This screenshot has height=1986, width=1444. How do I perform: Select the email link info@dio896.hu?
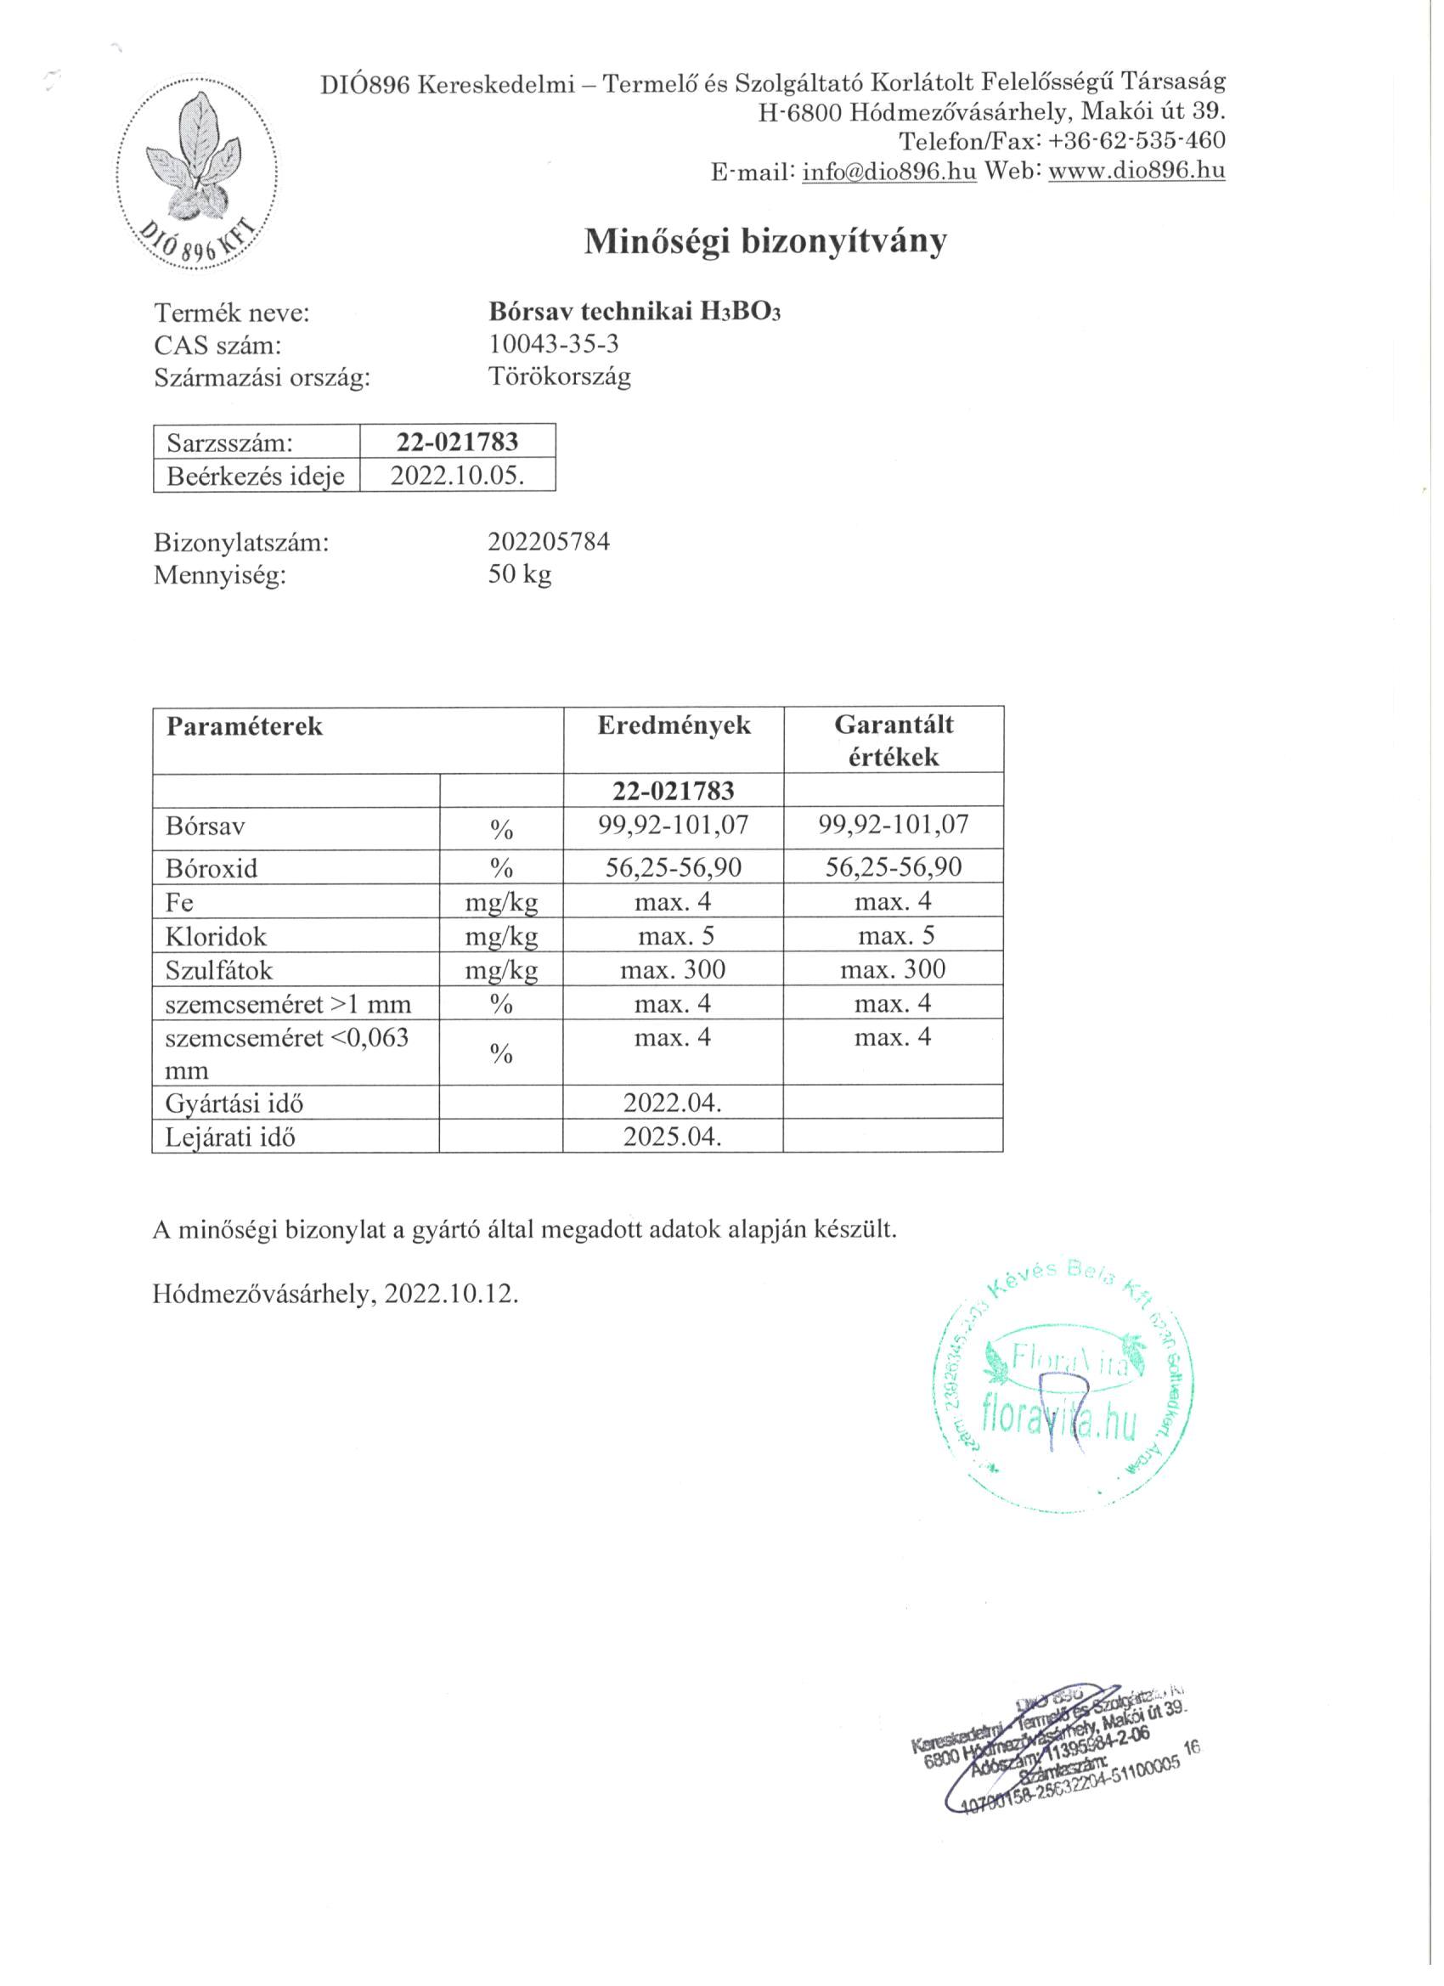(888, 171)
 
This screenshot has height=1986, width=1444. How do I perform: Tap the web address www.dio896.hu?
(1136, 171)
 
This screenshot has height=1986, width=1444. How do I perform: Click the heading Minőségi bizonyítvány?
(765, 240)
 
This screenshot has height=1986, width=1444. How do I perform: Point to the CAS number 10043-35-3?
(554, 344)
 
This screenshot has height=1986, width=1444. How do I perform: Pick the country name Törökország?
(560, 377)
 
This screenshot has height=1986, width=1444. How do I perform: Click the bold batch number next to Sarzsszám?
(457, 442)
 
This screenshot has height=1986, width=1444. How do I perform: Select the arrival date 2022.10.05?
(457, 476)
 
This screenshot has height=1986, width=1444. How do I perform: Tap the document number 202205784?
(549, 542)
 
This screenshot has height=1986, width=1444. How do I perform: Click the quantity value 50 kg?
(520, 574)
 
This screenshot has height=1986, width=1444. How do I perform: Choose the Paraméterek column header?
(245, 726)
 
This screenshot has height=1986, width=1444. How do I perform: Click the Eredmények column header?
(674, 725)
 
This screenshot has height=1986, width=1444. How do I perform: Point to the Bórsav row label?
(206, 826)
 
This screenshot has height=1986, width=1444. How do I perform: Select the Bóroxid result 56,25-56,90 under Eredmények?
(674, 867)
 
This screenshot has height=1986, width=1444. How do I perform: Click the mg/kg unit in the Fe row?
(501, 902)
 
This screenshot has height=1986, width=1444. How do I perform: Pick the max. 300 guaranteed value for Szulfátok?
(893, 969)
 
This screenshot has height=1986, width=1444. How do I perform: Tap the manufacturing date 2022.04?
(673, 1103)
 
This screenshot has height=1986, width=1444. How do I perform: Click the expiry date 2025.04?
(673, 1137)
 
